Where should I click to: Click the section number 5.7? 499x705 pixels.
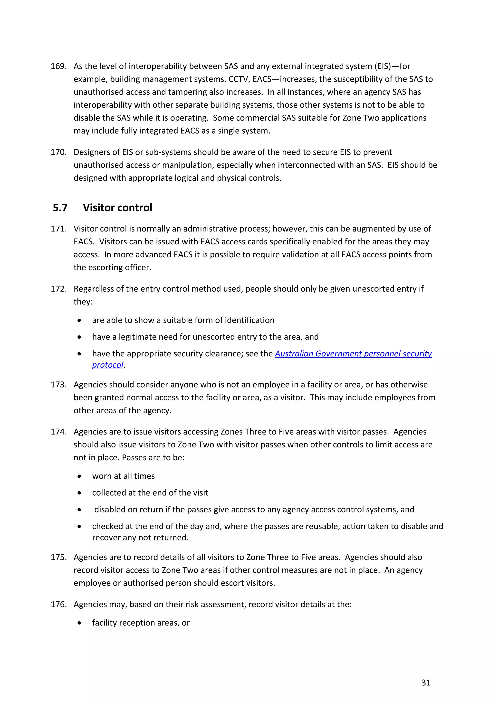click(60, 208)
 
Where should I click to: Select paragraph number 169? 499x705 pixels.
click(58, 66)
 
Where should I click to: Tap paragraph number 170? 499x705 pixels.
click(58, 152)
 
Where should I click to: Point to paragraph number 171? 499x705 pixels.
click(58, 229)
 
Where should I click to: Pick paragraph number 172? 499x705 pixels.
click(58, 289)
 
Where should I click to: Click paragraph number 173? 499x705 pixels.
click(58, 385)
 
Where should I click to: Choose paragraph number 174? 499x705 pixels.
click(58, 432)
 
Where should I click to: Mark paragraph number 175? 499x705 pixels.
click(58, 557)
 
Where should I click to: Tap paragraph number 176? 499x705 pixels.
click(58, 604)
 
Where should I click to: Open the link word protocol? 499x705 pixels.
click(107, 365)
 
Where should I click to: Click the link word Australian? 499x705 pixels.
click(294, 354)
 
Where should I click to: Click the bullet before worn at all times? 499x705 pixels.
click(79, 476)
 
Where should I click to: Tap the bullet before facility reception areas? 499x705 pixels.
click(79, 623)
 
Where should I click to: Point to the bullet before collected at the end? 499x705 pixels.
click(79, 493)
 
